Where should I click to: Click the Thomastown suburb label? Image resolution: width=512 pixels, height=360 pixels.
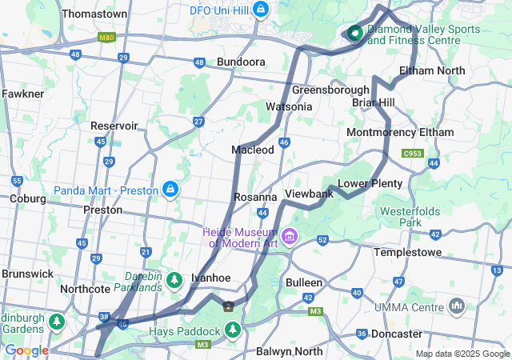pos(94,14)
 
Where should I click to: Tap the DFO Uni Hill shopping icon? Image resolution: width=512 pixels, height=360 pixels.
pos(261,10)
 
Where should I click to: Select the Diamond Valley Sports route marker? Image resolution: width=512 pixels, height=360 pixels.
pos(354,33)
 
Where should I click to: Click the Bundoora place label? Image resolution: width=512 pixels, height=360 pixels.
pos(241,62)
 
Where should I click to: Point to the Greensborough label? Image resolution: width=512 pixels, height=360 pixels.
pos(330,90)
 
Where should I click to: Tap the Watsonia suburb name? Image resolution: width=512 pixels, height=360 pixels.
pos(289,106)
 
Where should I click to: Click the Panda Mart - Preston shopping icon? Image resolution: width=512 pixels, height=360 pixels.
pos(170,189)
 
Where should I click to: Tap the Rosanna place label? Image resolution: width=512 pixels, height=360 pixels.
pos(255,197)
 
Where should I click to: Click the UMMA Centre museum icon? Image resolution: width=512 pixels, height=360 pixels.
pos(458,306)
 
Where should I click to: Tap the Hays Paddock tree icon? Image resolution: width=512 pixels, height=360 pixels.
pos(233,330)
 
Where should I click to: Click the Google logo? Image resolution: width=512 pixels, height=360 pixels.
pos(26,350)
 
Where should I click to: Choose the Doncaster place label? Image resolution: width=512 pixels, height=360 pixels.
pos(396,334)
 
